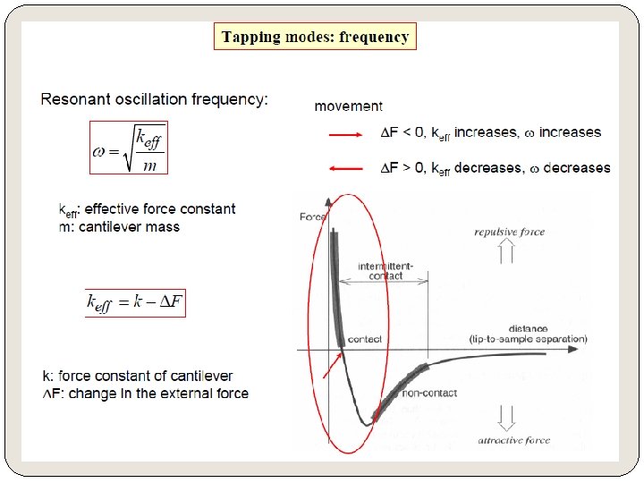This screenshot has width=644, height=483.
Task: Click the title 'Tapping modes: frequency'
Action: coord(315,37)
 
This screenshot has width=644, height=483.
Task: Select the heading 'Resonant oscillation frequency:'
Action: coord(154,99)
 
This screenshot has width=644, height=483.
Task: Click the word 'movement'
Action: coord(348,106)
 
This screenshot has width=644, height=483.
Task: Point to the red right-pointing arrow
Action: coord(346,134)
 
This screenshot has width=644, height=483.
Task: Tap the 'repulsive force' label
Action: coord(509,233)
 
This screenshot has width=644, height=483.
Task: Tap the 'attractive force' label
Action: coord(513,440)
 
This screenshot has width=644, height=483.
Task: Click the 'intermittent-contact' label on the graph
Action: coord(385,271)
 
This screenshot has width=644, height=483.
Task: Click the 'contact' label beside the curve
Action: coord(364,339)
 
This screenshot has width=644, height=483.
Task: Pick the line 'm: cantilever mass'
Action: coord(119,227)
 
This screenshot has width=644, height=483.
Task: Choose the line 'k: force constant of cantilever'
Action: coord(138,376)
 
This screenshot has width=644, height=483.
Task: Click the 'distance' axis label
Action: coord(528,328)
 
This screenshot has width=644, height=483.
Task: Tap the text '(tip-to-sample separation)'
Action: coord(528,340)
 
